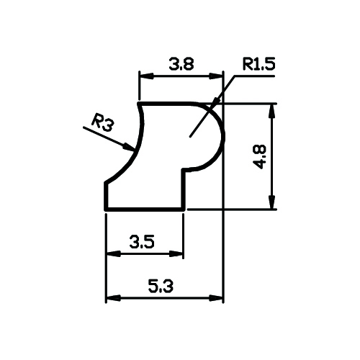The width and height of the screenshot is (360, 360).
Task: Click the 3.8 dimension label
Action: pos(181,64)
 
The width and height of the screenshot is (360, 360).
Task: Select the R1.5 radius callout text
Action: pos(258,64)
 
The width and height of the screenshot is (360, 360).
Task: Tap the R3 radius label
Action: pos(102,125)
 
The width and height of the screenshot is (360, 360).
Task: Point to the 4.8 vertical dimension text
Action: pos(260,157)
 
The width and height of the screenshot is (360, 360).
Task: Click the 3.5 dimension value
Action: pos(142,242)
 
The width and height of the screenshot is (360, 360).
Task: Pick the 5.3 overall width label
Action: pos(161,287)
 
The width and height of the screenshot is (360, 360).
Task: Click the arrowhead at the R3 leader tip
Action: pos(129,147)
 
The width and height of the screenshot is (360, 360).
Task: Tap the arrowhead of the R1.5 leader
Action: pos(216,101)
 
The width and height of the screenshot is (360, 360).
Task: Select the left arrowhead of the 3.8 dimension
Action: pos(146,76)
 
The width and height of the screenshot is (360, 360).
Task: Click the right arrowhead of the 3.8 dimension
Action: pos(216,76)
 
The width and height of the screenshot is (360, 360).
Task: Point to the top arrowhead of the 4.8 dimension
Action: pos(271,111)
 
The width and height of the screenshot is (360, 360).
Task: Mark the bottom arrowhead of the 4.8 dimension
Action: pos(271,202)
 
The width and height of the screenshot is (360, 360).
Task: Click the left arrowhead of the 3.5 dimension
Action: pos(113,253)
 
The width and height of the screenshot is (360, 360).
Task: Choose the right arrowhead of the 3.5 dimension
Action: pos(176,253)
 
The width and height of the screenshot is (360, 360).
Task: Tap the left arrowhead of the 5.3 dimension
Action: pos(113,298)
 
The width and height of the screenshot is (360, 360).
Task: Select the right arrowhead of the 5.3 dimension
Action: pos(216,298)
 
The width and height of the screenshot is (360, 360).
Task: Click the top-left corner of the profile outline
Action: pos(139,104)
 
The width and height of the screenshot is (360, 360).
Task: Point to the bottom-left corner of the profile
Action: pos(106,210)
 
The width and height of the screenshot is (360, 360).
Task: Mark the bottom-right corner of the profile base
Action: pos(184,210)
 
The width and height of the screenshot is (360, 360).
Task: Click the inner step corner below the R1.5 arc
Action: pos(184,169)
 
